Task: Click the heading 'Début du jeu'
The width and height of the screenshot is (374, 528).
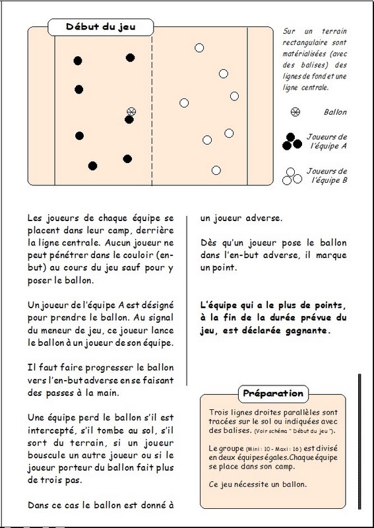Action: tap(101, 27)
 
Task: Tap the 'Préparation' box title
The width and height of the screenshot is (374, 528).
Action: tap(273, 393)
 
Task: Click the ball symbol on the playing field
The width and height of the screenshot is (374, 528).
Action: tap(131, 112)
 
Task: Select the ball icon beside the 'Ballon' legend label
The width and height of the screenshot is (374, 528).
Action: tap(296, 112)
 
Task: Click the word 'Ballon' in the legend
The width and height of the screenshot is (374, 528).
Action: tap(335, 112)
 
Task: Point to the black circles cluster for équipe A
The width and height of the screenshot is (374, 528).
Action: tap(292, 142)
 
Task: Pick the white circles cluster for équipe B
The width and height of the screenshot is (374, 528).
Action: tap(292, 176)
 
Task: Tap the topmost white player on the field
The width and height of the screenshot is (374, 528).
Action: tap(199, 48)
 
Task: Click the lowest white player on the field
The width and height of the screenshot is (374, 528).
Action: tap(216, 170)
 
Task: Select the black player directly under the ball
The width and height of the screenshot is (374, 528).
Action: tap(129, 119)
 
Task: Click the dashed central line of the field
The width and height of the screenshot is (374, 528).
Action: tap(152, 106)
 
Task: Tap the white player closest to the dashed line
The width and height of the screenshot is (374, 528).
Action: tap(184, 103)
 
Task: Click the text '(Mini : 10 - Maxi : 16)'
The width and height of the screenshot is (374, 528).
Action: tap(274, 449)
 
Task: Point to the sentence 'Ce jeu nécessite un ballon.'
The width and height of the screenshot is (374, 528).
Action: tap(258, 484)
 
